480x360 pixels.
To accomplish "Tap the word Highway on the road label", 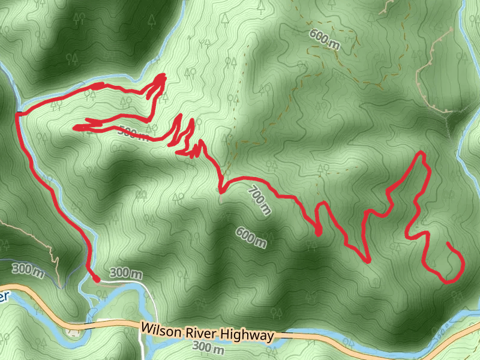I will point(247,335).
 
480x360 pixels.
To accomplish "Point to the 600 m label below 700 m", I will point(251,237).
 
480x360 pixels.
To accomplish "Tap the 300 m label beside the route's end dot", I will point(126,274).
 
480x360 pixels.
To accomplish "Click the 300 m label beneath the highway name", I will point(208,348).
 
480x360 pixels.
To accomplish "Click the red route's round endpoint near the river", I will point(95,277).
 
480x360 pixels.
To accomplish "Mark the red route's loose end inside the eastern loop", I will point(449,244).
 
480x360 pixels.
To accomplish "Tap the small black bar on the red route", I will point(20,113).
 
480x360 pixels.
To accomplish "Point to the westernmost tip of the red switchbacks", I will point(74,127).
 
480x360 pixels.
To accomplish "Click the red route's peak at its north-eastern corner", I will point(422,154).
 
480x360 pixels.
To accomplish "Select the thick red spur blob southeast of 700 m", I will point(318,231).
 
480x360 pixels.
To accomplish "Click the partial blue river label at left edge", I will point(5,296).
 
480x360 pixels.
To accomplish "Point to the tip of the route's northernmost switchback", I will point(163,76).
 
